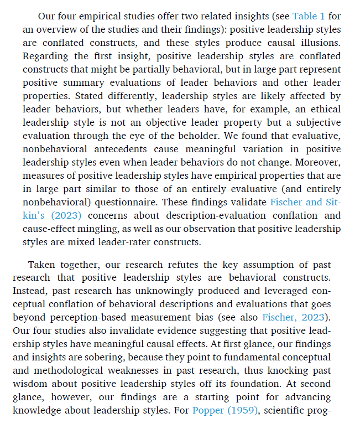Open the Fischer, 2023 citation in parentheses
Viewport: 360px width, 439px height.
295,317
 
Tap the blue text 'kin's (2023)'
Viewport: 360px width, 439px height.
54,215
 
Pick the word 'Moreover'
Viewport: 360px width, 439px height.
320,162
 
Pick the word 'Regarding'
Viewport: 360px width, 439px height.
45,56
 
